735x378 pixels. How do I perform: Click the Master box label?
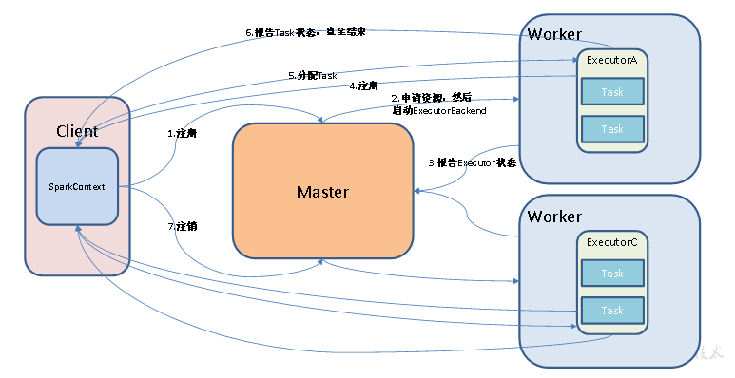pyautogui.click(x=322, y=192)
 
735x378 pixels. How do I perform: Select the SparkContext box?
pyautogui.click(x=77, y=187)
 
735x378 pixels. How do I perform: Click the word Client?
pyautogui.click(x=77, y=131)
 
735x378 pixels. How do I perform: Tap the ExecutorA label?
pyautogui.click(x=611, y=60)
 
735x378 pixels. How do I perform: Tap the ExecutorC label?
pyautogui.click(x=611, y=242)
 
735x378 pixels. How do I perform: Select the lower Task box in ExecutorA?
pyautogui.click(x=612, y=128)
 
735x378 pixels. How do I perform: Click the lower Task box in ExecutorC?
pyautogui.click(x=612, y=310)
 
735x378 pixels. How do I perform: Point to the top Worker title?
pyautogui.click(x=554, y=34)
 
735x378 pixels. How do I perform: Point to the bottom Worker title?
pyautogui.click(x=554, y=217)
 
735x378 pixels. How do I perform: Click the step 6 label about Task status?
pyautogui.click(x=305, y=32)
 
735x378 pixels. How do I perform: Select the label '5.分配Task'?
pyautogui.click(x=313, y=75)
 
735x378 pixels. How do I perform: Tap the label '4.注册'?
pyautogui.click(x=365, y=85)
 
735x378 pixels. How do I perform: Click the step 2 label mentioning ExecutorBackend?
pyautogui.click(x=438, y=104)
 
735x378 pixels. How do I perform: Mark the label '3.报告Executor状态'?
pyautogui.click(x=472, y=163)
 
